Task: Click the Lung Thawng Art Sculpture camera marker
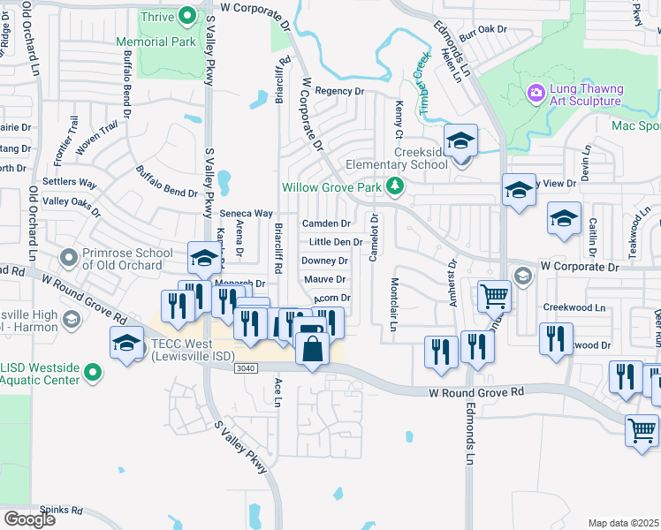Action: (536, 93)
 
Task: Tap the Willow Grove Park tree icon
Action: (399, 187)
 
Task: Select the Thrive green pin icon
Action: (187, 16)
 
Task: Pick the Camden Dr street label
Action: (326, 223)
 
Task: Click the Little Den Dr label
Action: (335, 242)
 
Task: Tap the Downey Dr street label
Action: (324, 261)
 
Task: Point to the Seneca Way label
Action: (246, 213)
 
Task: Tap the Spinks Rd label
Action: (65, 510)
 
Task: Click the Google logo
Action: (29, 519)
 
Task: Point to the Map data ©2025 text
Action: (623, 523)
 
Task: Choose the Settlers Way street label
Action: (70, 183)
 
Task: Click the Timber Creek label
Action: (422, 88)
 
